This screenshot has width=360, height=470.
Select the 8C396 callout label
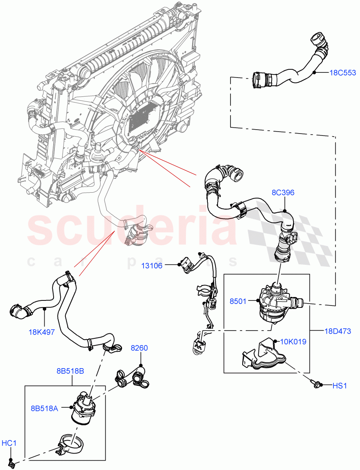pos(283,193)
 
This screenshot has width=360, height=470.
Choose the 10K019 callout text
pos(293,342)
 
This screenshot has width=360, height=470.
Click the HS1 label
pos(340,386)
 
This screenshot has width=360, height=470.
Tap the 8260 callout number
pos(139,348)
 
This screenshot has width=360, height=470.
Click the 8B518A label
pos(45,408)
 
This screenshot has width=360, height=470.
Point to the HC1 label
pos(9,443)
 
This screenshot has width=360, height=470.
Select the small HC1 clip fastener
pos(12,464)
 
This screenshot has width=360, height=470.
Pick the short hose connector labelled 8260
pos(132,377)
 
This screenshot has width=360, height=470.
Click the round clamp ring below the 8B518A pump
pos(72,445)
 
